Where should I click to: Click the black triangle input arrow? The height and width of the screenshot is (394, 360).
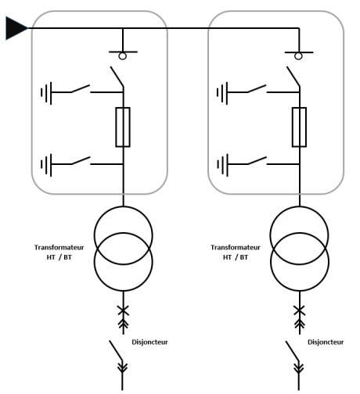coord(16,28)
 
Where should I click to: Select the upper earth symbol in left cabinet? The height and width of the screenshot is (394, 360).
coord(46,93)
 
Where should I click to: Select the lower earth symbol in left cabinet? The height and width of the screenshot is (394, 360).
coord(46,165)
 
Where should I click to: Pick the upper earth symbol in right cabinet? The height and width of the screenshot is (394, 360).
coord(222,93)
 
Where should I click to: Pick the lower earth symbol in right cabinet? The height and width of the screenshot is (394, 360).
coord(222,165)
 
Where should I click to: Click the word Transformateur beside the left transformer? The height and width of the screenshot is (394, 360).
coord(59,247)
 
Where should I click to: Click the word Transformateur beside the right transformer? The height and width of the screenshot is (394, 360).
coord(236,247)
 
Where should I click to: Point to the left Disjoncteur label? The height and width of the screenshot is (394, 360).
coord(149,342)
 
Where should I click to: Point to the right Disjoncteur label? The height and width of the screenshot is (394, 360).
coord(326,342)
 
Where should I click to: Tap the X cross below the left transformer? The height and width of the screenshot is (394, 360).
coord(123,310)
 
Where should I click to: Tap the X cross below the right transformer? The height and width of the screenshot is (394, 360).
coord(299,310)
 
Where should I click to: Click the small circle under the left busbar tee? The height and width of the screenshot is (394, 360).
coord(122,56)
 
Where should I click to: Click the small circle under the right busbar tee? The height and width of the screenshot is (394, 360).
coord(298,56)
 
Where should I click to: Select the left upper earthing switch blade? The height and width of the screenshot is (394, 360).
coord(81,88)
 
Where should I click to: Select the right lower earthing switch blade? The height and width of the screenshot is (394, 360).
coord(257,160)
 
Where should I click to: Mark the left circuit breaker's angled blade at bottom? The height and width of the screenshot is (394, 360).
coord(116,350)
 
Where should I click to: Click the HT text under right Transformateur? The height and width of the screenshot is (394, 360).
coord(227,257)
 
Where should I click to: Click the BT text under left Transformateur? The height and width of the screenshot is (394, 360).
coord(67,257)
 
